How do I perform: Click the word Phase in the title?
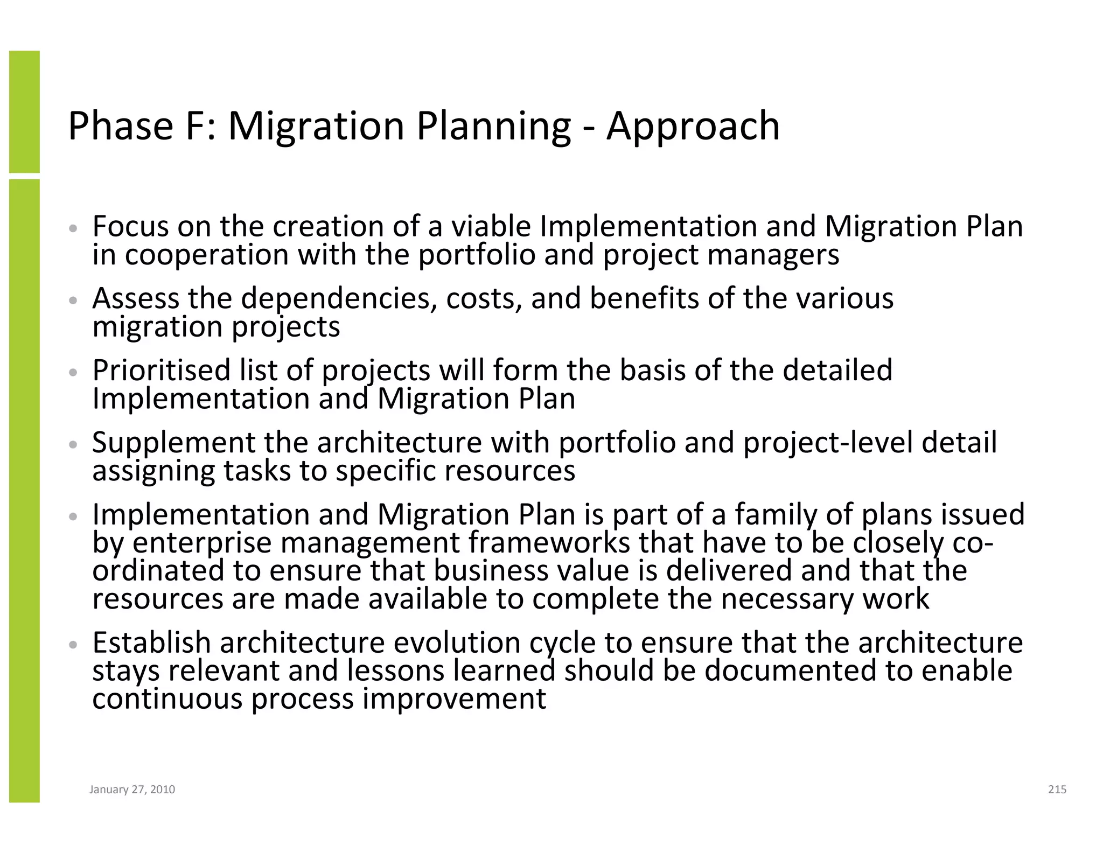pyautogui.click(x=120, y=126)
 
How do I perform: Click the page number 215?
pyautogui.click(x=1057, y=790)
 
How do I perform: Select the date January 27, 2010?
pyautogui.click(x=132, y=790)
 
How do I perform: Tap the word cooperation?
pyautogui.click(x=207, y=255)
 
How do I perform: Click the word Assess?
pyautogui.click(x=135, y=298)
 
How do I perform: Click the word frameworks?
pyautogui.click(x=549, y=542)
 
